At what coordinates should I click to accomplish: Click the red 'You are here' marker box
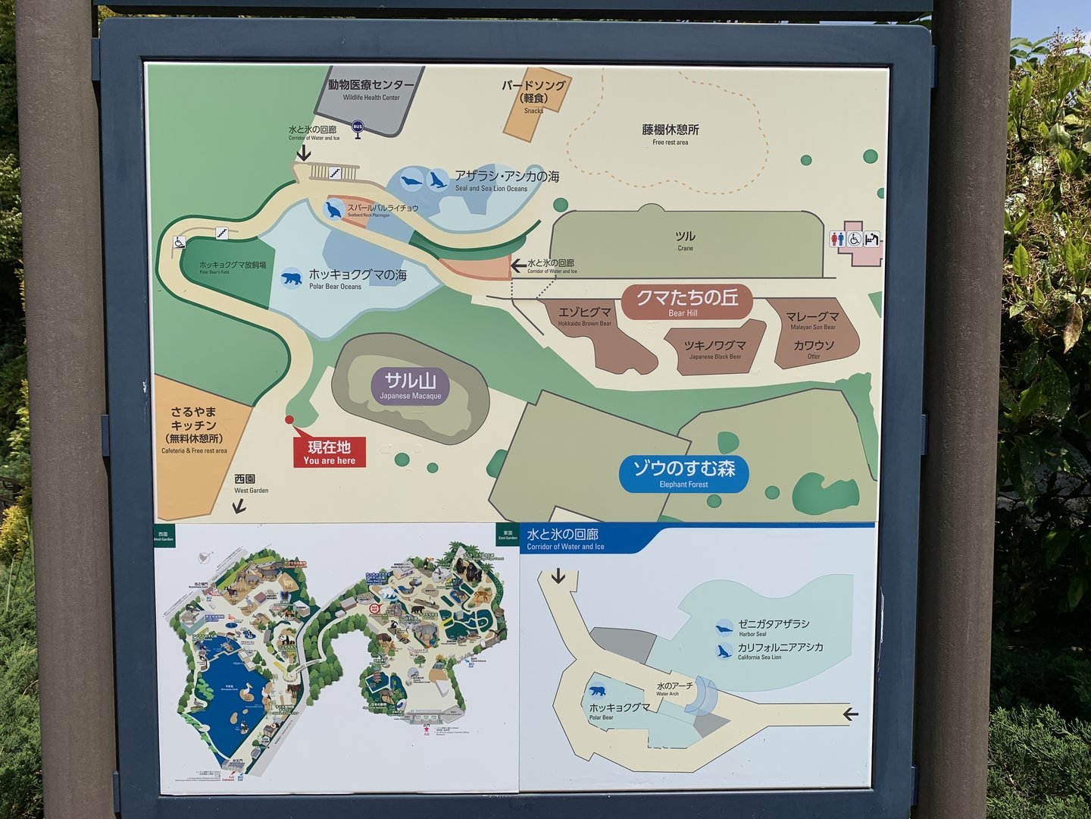click(x=330, y=452)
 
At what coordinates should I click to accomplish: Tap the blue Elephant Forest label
click(x=683, y=474)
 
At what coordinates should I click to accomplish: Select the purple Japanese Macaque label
click(x=410, y=386)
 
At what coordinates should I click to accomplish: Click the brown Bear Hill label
click(x=686, y=302)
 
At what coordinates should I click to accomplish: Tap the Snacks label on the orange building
click(x=533, y=111)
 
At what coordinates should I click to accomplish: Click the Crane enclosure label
click(x=685, y=240)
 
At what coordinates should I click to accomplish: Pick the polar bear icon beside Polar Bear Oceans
click(x=291, y=278)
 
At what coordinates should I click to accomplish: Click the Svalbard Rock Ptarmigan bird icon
click(x=333, y=210)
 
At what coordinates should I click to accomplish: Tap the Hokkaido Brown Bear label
click(x=585, y=316)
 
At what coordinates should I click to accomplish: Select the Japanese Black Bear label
click(x=714, y=350)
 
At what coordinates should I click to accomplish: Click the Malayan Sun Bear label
click(x=812, y=321)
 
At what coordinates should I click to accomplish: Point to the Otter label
click(x=814, y=349)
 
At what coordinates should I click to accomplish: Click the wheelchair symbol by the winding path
click(x=180, y=243)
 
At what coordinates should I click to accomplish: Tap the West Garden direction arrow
click(x=239, y=506)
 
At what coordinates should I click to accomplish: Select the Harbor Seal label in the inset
click(x=773, y=627)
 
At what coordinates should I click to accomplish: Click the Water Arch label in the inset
click(x=674, y=689)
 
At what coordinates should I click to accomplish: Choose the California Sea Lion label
click(x=780, y=651)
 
